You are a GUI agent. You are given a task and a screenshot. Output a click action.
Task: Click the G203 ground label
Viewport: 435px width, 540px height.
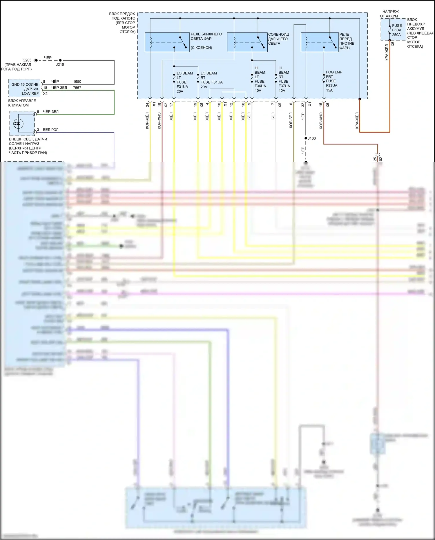[27, 60]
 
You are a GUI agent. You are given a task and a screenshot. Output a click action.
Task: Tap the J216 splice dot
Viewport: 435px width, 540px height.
[60, 60]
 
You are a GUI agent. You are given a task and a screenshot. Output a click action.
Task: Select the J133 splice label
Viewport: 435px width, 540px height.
[312, 138]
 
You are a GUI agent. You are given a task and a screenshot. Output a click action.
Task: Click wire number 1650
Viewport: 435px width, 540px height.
[77, 82]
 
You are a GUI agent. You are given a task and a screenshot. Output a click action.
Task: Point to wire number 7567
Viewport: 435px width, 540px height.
[77, 88]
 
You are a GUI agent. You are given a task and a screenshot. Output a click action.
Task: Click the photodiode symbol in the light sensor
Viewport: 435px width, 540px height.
[18, 124]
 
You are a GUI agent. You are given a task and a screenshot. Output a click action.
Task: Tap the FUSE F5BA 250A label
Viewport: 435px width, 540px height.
[397, 30]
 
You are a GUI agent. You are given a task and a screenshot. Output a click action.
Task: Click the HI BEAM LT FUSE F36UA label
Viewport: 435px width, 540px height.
[260, 79]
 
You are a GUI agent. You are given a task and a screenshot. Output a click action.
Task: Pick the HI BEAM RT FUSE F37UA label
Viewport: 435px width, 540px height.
[284, 79]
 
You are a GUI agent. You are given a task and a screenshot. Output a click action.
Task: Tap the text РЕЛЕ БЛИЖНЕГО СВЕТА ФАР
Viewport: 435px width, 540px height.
[206, 36]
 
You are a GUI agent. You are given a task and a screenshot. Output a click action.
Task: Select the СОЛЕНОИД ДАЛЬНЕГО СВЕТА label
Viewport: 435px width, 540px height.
[278, 39]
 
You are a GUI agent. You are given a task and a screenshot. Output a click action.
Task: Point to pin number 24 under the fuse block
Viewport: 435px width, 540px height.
[147, 104]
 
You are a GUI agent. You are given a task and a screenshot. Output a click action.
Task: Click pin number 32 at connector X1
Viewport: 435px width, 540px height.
[303, 104]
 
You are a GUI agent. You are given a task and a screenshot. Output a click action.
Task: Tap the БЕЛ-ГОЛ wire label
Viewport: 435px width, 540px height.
[51, 130]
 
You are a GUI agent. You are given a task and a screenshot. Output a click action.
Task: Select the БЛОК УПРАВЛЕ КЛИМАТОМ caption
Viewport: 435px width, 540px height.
[22, 103]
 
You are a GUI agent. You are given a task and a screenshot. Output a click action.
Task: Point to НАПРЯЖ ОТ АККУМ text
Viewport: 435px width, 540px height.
[389, 14]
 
